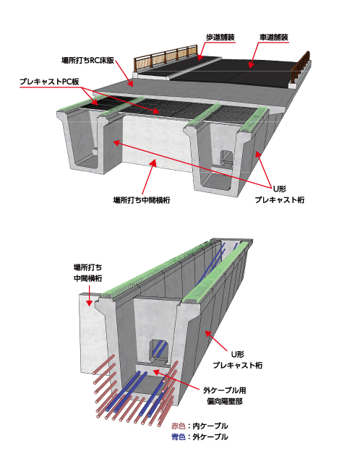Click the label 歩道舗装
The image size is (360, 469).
coord(220,38)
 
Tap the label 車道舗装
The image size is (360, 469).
coord(273,38)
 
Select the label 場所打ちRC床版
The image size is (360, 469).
coord(87,61)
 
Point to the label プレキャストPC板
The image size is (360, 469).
coord(49,82)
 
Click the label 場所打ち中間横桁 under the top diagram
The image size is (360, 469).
coord(142,200)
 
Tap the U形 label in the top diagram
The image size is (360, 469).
coord(280,189)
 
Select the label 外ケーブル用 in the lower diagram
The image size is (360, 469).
coord(224,390)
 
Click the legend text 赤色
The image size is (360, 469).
coord(179,426)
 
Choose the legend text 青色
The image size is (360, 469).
coord(179,437)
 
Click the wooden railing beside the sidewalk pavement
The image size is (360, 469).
coord(166,57)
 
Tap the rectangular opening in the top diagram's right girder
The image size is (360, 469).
coord(226,158)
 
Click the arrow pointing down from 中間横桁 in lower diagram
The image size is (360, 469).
coord(89,296)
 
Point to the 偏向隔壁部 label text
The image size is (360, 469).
coord(224,401)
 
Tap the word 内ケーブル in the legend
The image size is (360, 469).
coord(210,426)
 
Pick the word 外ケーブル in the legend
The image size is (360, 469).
coord(210,437)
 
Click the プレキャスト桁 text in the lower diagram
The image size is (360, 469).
coord(238,365)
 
